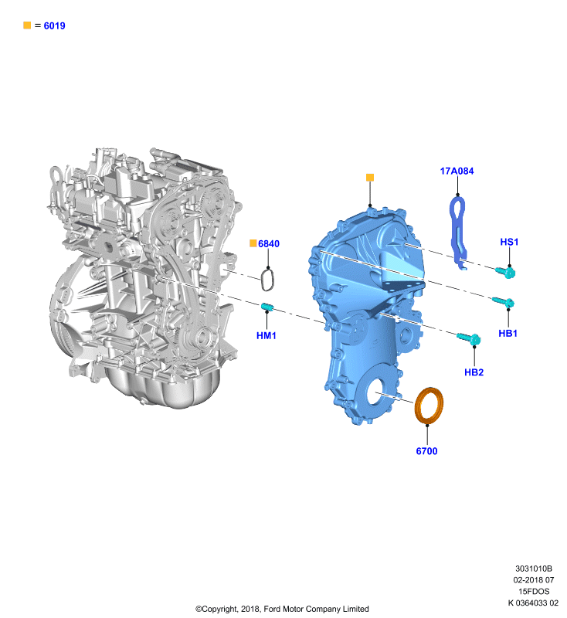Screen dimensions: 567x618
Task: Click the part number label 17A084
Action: point(457,171)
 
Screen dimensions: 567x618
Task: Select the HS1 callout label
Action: point(509,242)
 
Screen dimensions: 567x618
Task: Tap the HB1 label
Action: point(508,334)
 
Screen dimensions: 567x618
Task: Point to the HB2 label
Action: point(474,372)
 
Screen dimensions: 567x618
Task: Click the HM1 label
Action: point(267,336)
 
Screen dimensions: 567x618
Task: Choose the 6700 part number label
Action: point(426,451)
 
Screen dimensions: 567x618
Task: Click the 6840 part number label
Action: point(269,244)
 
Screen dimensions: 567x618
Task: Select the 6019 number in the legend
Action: point(54,26)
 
